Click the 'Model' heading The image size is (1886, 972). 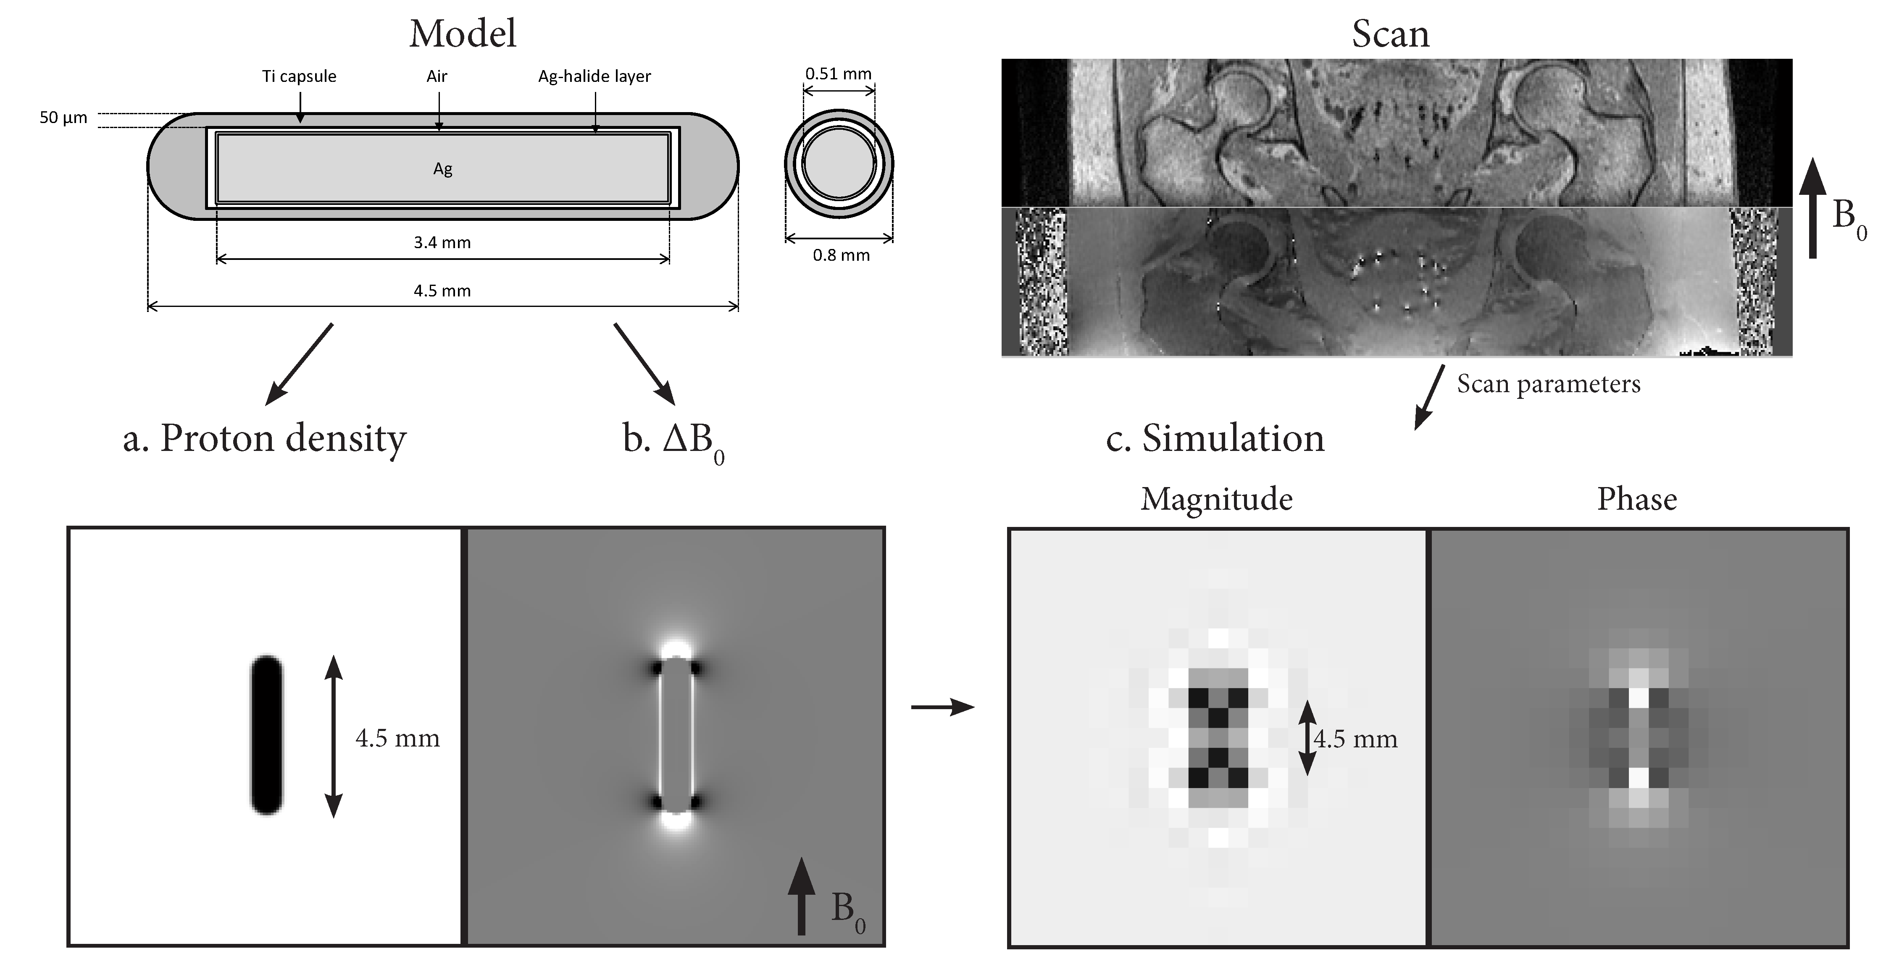(463, 34)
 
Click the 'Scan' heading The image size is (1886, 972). (1390, 34)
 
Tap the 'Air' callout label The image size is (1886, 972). (437, 76)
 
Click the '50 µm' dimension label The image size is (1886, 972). (63, 118)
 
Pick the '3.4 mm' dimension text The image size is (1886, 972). (442, 242)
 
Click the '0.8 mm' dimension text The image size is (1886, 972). (841, 255)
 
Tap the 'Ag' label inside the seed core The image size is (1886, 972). (442, 169)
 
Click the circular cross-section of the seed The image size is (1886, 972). (839, 164)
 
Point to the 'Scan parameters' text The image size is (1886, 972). (1549, 384)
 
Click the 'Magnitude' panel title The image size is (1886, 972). (1216, 499)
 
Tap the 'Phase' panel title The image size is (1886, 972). (1636, 499)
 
